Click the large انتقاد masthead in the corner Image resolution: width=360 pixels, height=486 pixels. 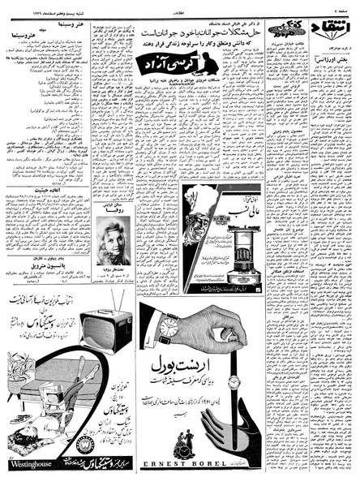click(x=339, y=29)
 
